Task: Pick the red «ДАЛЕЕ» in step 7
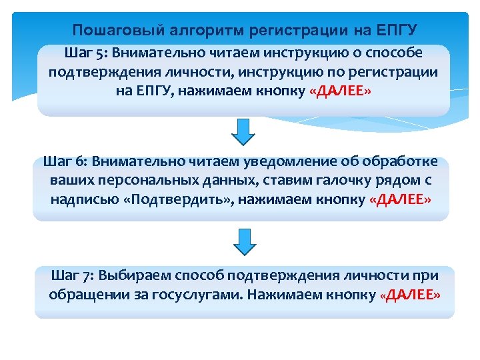(410, 295)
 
